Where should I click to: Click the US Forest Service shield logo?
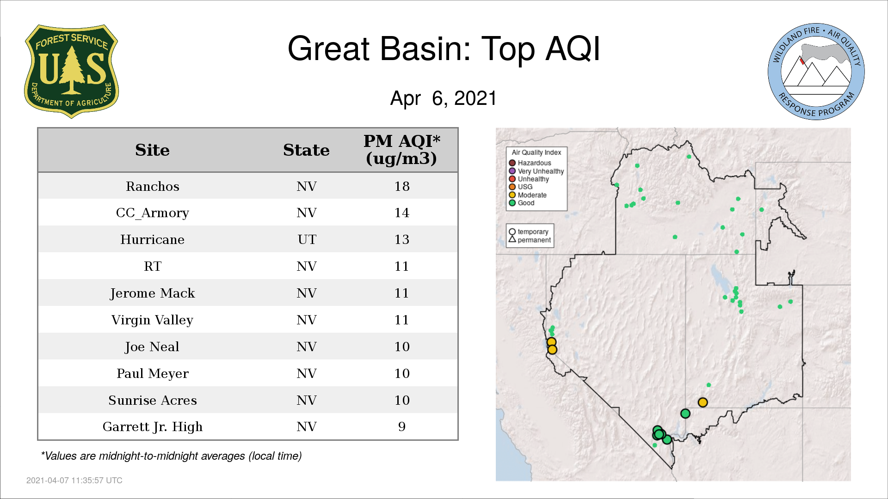coord(71,72)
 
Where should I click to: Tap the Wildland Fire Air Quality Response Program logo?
coord(816,72)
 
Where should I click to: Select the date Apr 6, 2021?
coord(444,98)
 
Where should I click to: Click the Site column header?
coord(152,150)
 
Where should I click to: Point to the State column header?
coord(306,150)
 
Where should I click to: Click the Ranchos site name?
coord(153,186)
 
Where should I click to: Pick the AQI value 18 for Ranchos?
coord(402,186)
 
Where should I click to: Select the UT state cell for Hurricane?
coord(307,239)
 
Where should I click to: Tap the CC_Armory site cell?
coord(153,213)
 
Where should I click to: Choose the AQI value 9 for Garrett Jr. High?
coord(402,426)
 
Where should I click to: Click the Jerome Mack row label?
coord(153,293)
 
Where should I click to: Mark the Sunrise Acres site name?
coord(153,400)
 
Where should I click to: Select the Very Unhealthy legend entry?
coord(536,171)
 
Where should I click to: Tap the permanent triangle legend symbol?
coord(512,239)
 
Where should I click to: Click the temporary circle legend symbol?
coord(512,231)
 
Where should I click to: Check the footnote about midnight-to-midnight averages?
coord(171,456)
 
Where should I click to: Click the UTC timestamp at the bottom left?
coord(74,481)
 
